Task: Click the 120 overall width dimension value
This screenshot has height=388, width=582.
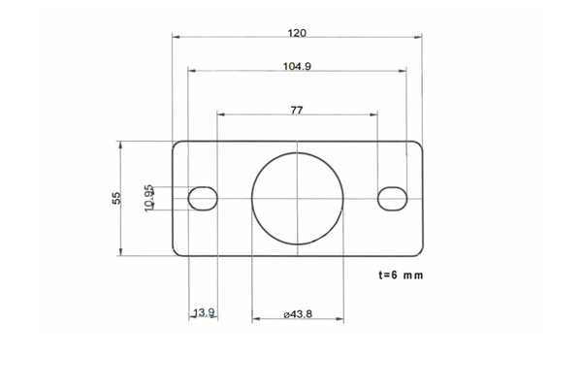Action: click(297, 33)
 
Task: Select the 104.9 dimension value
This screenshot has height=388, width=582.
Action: click(297, 67)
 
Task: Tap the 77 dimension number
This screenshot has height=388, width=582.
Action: click(297, 111)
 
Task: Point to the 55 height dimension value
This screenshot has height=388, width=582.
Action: click(116, 198)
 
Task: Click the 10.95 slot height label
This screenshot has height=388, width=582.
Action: click(148, 198)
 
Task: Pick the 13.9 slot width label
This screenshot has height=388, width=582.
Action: click(204, 312)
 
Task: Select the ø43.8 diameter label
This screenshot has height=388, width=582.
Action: click(298, 314)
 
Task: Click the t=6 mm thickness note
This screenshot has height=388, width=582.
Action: click(401, 275)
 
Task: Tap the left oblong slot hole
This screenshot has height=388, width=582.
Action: click(203, 199)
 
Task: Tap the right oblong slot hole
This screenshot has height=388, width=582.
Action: click(392, 199)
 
